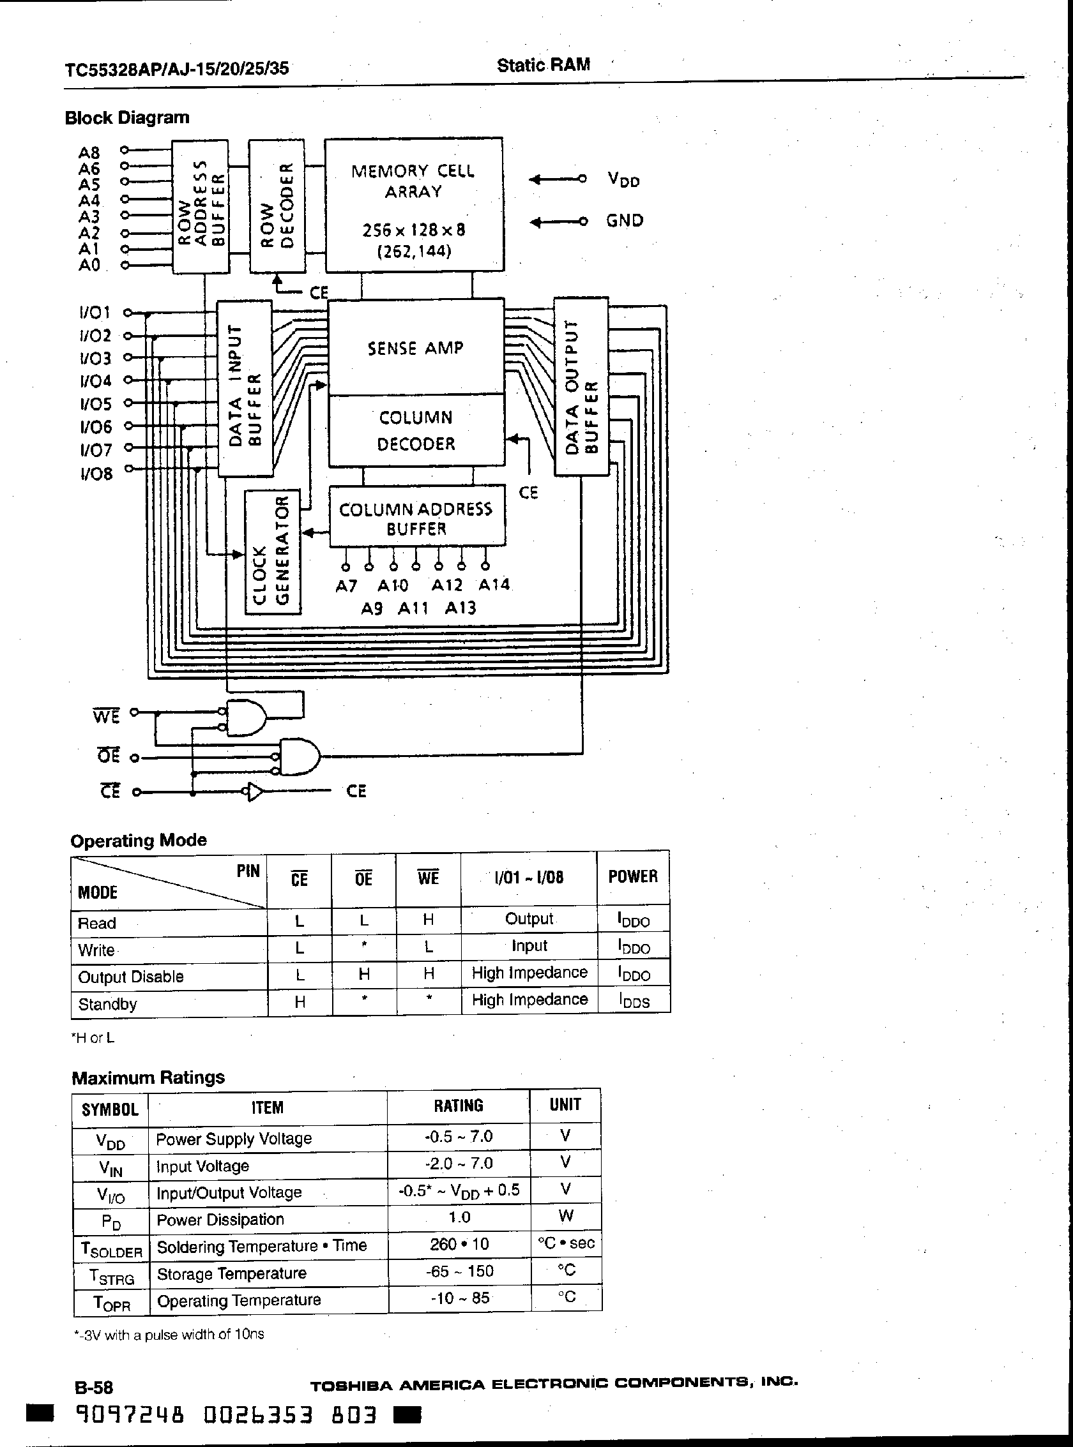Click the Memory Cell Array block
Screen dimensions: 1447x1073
click(414, 204)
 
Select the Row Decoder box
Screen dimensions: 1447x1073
click(277, 206)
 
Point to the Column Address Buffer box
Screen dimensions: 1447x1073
click(416, 518)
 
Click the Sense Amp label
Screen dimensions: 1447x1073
click(416, 349)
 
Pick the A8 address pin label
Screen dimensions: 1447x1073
click(89, 153)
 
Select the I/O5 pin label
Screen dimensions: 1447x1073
click(95, 404)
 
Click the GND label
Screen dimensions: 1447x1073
click(624, 221)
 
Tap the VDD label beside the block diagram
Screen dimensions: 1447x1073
click(623, 179)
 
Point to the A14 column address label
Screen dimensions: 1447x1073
click(494, 585)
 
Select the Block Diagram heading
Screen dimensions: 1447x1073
click(127, 117)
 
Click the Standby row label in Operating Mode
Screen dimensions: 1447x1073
click(108, 1004)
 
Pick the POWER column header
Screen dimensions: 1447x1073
click(633, 876)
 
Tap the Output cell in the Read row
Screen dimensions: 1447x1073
click(529, 918)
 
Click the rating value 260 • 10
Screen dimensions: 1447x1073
click(459, 1244)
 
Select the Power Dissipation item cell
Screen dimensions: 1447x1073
click(220, 1219)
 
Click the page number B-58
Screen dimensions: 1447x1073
click(94, 1387)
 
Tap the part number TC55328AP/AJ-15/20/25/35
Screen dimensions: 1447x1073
click(177, 68)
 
